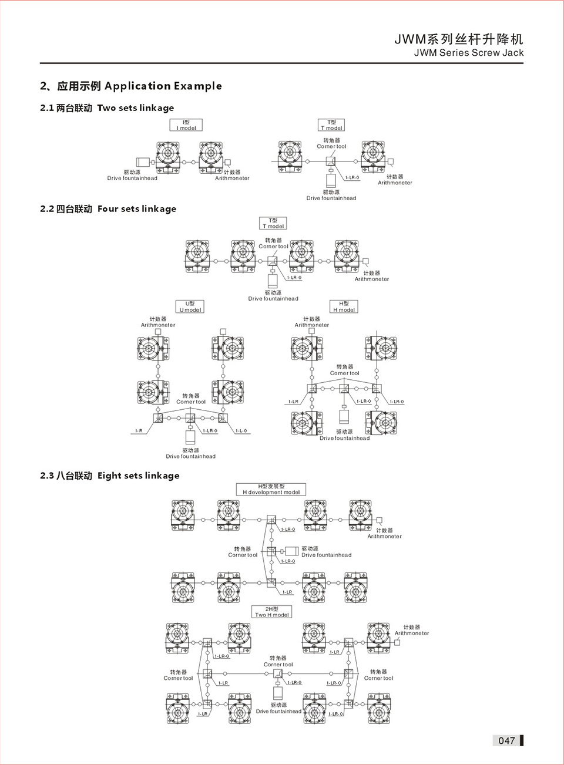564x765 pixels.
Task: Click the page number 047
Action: pos(506,740)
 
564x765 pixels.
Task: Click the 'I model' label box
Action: pos(186,125)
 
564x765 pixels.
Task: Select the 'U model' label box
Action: pos(190,306)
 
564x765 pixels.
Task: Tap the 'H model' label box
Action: pos(344,306)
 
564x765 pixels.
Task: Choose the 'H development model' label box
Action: pos(271,489)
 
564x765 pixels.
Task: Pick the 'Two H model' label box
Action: pos(271,612)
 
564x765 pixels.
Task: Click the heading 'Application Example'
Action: pos(163,86)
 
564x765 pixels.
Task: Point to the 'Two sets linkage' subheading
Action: pos(135,108)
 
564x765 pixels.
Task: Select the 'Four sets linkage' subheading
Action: pos(136,209)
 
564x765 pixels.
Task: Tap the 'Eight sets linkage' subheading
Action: pos(138,476)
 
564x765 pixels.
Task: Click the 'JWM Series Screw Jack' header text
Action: pos(468,53)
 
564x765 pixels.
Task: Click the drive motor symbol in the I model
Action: pos(142,162)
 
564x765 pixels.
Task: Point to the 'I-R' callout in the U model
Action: pos(139,431)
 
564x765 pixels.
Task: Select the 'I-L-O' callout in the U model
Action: pos(241,431)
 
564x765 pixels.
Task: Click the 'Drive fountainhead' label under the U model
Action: pos(190,456)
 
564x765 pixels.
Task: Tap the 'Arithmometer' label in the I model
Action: pos(232,178)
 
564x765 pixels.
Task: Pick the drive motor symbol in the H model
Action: pos(344,416)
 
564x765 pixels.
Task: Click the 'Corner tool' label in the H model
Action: pos(344,373)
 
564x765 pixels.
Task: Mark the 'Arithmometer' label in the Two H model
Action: pos(411,633)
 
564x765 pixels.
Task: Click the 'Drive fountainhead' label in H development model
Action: pos(326,555)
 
